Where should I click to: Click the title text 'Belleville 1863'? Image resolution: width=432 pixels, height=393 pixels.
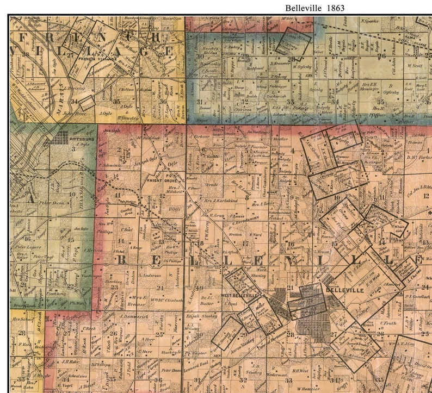point(315,8)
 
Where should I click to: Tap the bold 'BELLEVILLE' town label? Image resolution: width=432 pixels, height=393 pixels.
point(341,290)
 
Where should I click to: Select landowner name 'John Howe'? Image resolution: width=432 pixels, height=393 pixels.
point(75,114)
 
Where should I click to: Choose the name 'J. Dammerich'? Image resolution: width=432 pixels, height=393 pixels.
point(133,315)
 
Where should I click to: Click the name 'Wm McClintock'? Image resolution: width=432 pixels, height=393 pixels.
point(167,300)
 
